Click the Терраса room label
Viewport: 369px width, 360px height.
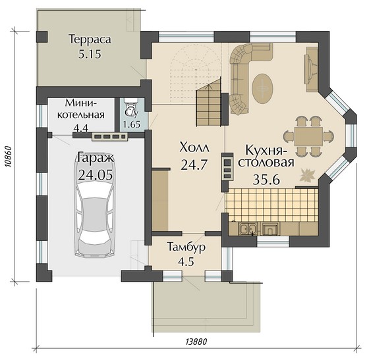90,39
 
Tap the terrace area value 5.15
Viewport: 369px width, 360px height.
90,54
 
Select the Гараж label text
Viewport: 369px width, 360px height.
96,157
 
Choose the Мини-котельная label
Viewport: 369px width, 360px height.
81,109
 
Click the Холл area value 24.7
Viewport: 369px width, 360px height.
194,165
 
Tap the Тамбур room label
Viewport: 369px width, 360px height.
186,247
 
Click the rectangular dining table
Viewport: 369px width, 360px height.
308,137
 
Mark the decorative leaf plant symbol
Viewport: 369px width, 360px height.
307,175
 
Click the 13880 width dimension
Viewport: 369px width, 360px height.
196,342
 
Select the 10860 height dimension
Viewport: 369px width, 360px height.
8,157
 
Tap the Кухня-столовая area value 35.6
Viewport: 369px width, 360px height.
266,180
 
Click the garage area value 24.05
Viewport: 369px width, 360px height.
96,174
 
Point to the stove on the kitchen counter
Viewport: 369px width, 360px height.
271,228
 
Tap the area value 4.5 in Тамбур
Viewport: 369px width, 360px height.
186,261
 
